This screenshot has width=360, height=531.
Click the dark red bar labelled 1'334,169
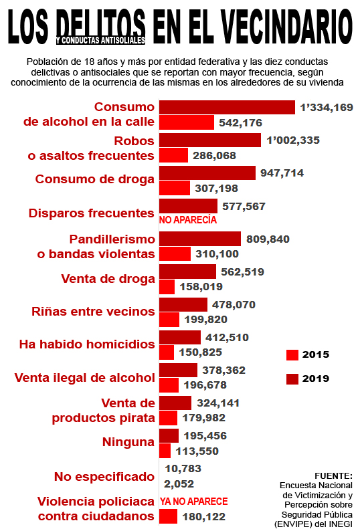point(227,108)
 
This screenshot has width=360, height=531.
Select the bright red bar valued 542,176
point(187,122)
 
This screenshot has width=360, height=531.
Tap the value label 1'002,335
point(293,140)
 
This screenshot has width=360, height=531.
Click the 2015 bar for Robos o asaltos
point(173,155)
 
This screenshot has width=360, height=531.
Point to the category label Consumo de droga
point(95,179)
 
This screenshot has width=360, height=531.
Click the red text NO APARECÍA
point(188,220)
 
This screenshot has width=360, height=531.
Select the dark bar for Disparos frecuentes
point(189,206)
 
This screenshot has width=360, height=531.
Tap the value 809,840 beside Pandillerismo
point(268,239)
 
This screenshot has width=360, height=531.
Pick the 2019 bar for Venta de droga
point(188,272)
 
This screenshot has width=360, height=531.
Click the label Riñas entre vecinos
point(93,312)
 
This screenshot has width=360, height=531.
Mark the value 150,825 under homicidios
point(201,352)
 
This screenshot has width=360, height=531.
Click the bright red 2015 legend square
point(292,355)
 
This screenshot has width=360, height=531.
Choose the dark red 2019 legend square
point(292,379)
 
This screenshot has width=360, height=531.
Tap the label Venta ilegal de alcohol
point(85,378)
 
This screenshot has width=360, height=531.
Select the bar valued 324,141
point(175,403)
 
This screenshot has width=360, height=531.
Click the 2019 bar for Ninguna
point(169,435)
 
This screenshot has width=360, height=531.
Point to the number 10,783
point(183,469)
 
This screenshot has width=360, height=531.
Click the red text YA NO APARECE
point(194,502)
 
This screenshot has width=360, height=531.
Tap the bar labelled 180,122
point(168,516)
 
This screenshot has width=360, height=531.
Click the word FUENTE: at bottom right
point(333,475)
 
